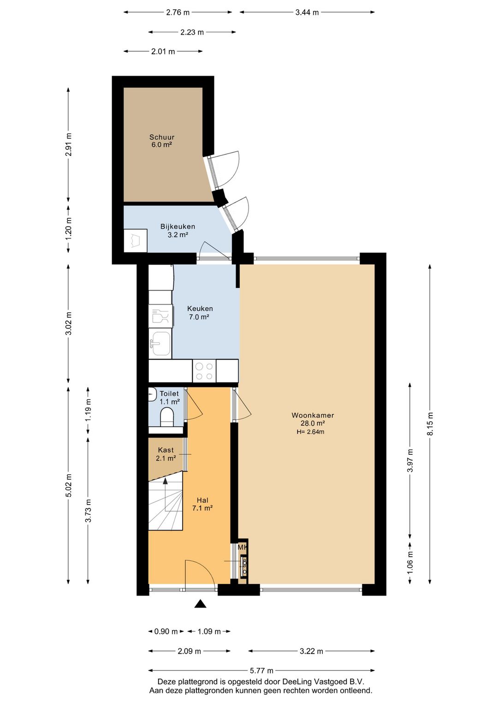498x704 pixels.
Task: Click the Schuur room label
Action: (x=161, y=141)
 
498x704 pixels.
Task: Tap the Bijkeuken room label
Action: (x=178, y=230)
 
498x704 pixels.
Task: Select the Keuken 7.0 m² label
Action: (x=200, y=313)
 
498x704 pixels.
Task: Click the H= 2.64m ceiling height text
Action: (x=310, y=432)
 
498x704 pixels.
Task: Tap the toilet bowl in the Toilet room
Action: (x=167, y=417)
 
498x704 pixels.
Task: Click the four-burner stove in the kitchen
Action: (x=204, y=371)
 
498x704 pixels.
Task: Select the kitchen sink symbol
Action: (x=160, y=344)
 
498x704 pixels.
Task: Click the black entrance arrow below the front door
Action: (x=200, y=604)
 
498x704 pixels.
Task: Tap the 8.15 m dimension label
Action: (x=430, y=424)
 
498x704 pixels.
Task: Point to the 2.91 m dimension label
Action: (x=69, y=144)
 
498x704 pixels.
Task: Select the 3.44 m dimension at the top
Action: (x=307, y=12)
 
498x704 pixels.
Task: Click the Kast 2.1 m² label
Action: (x=166, y=454)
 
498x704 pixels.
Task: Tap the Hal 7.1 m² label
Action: (x=202, y=504)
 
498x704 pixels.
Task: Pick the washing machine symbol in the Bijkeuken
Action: (x=136, y=240)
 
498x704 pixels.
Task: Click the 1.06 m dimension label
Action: (x=410, y=563)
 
